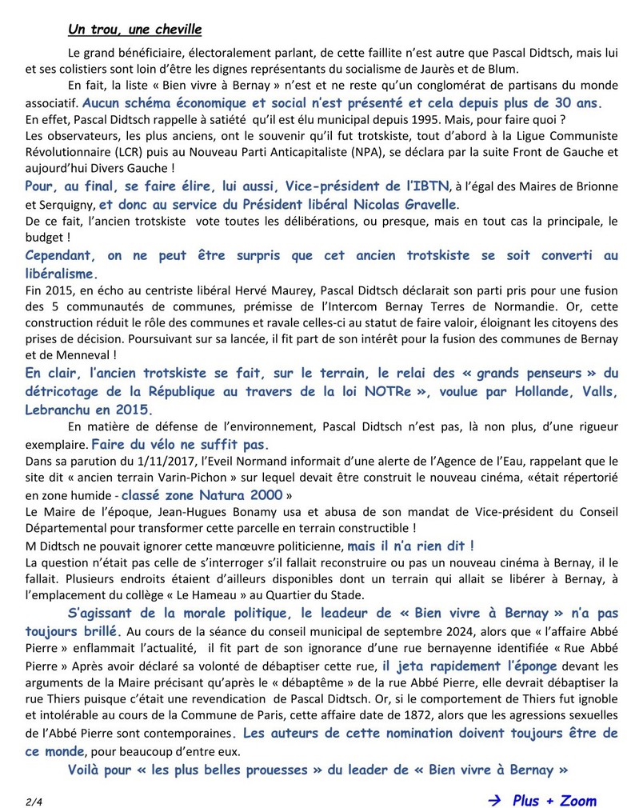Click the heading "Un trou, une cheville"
coord(134,30)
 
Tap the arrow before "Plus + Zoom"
coord(494,799)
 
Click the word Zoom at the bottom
coord(574,799)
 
